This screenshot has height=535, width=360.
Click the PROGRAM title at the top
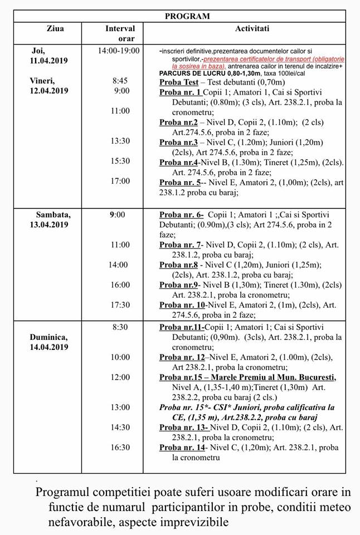[x=187, y=16]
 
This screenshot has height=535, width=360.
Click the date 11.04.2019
[x=48, y=60]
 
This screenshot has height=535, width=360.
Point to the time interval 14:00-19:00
[x=118, y=50]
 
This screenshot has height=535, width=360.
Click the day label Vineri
[x=42, y=81]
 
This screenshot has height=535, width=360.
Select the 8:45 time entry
[x=120, y=81]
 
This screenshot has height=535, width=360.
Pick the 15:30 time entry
[x=120, y=161]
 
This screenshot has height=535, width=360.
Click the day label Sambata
[x=54, y=215]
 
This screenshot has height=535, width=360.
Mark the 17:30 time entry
[x=120, y=305]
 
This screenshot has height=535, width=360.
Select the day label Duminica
[x=49, y=337]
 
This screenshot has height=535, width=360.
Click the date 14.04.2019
[x=49, y=347]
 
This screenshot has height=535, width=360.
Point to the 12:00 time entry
[x=120, y=377]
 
